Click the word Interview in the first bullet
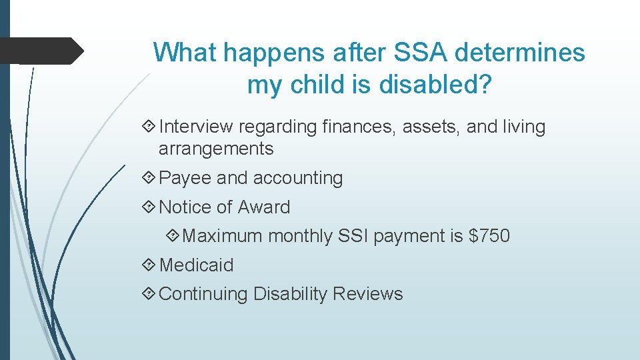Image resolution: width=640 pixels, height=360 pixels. pyautogui.click(x=197, y=127)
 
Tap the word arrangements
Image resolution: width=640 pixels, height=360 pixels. pyautogui.click(x=216, y=149)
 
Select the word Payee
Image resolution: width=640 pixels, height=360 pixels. pyautogui.click(x=186, y=178)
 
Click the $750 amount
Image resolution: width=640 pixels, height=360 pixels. pyautogui.click(x=489, y=236)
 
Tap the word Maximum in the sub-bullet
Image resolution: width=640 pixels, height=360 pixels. pyautogui.click(x=222, y=236)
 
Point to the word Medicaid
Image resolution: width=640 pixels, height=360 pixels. pyautogui.click(x=197, y=265)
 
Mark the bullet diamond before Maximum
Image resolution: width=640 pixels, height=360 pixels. pyautogui.click(x=173, y=236)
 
